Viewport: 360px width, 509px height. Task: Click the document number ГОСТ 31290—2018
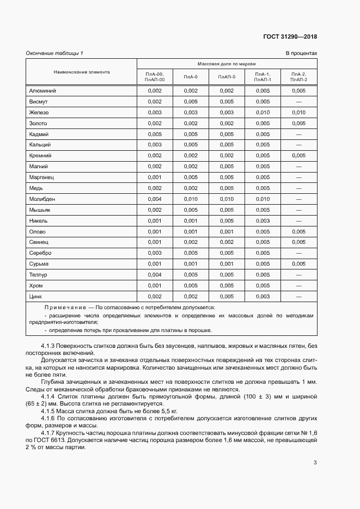(x=289, y=37)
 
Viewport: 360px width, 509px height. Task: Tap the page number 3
(x=315, y=463)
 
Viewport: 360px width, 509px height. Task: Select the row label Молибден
(x=42, y=199)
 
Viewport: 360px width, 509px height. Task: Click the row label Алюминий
(x=42, y=91)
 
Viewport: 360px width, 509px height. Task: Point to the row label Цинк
(x=36, y=297)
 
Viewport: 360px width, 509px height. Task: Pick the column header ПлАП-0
(x=227, y=77)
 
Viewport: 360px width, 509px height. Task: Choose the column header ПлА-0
(x=191, y=77)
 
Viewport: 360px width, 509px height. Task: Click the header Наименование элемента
(x=82, y=72)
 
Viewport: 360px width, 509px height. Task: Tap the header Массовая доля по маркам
(x=227, y=64)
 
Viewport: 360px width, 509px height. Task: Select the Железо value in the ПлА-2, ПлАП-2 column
(x=298, y=113)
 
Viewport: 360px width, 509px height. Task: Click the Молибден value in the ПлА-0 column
(x=191, y=199)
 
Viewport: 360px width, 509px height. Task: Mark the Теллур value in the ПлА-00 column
(x=155, y=275)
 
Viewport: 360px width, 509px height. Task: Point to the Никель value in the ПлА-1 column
(x=263, y=221)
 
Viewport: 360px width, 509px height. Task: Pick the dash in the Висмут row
(x=298, y=102)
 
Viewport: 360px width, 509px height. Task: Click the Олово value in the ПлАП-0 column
(x=227, y=232)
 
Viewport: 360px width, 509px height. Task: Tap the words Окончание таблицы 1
(x=54, y=53)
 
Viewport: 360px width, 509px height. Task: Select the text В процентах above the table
(x=301, y=53)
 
